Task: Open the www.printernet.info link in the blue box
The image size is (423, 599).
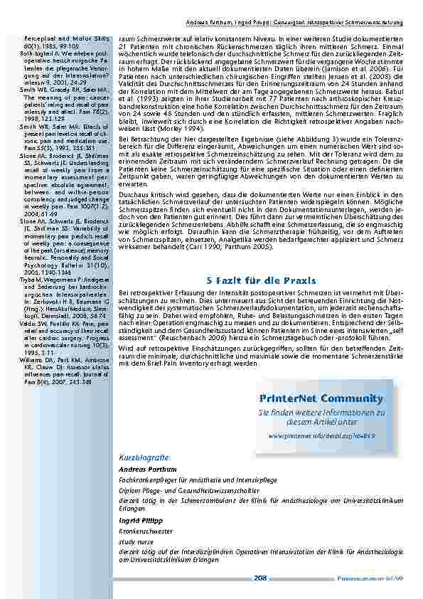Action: pyautogui.click(x=321, y=433)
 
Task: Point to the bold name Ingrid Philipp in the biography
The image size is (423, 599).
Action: pyautogui.click(x=140, y=520)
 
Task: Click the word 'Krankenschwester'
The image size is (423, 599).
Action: pyautogui.click(x=146, y=531)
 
